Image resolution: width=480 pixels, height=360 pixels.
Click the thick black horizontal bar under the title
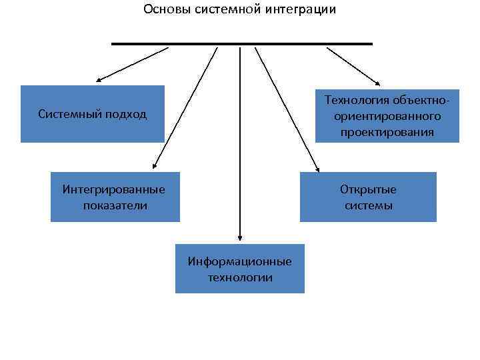click(x=241, y=44)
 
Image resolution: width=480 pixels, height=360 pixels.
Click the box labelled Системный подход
click(x=92, y=114)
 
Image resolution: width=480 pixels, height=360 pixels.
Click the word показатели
click(x=115, y=205)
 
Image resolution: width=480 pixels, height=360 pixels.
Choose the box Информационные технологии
click(x=239, y=269)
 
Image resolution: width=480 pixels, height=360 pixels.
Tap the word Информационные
click(x=239, y=261)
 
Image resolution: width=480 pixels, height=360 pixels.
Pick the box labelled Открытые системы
click(x=368, y=197)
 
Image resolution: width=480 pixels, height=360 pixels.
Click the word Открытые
click(x=368, y=189)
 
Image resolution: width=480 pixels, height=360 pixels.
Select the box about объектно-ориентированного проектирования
click(x=387, y=116)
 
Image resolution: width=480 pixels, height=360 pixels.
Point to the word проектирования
click(x=387, y=132)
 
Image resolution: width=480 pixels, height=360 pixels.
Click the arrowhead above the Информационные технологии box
click(x=239, y=237)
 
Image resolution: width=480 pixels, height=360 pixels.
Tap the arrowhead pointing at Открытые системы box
click(x=317, y=169)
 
